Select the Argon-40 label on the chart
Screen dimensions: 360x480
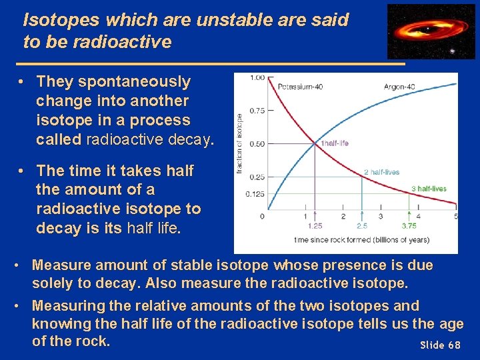pyautogui.click(x=399, y=87)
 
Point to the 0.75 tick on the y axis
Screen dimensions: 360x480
pyautogui.click(x=257, y=111)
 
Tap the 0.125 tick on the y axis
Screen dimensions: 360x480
pyautogui.click(x=255, y=194)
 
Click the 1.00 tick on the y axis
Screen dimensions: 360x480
pyautogui.click(x=257, y=77)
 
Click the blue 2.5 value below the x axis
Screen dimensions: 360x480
pyautogui.click(x=362, y=226)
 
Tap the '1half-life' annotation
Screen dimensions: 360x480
pyautogui.click(x=335, y=143)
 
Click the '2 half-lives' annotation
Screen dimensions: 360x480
pyautogui.click(x=381, y=172)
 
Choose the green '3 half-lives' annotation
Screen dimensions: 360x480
pyautogui.click(x=428, y=189)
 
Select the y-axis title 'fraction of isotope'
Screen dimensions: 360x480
pyautogui.click(x=239, y=143)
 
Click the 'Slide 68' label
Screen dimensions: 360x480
pyautogui.click(x=440, y=345)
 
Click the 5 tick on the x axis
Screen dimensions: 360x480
pyautogui.click(x=456, y=216)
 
